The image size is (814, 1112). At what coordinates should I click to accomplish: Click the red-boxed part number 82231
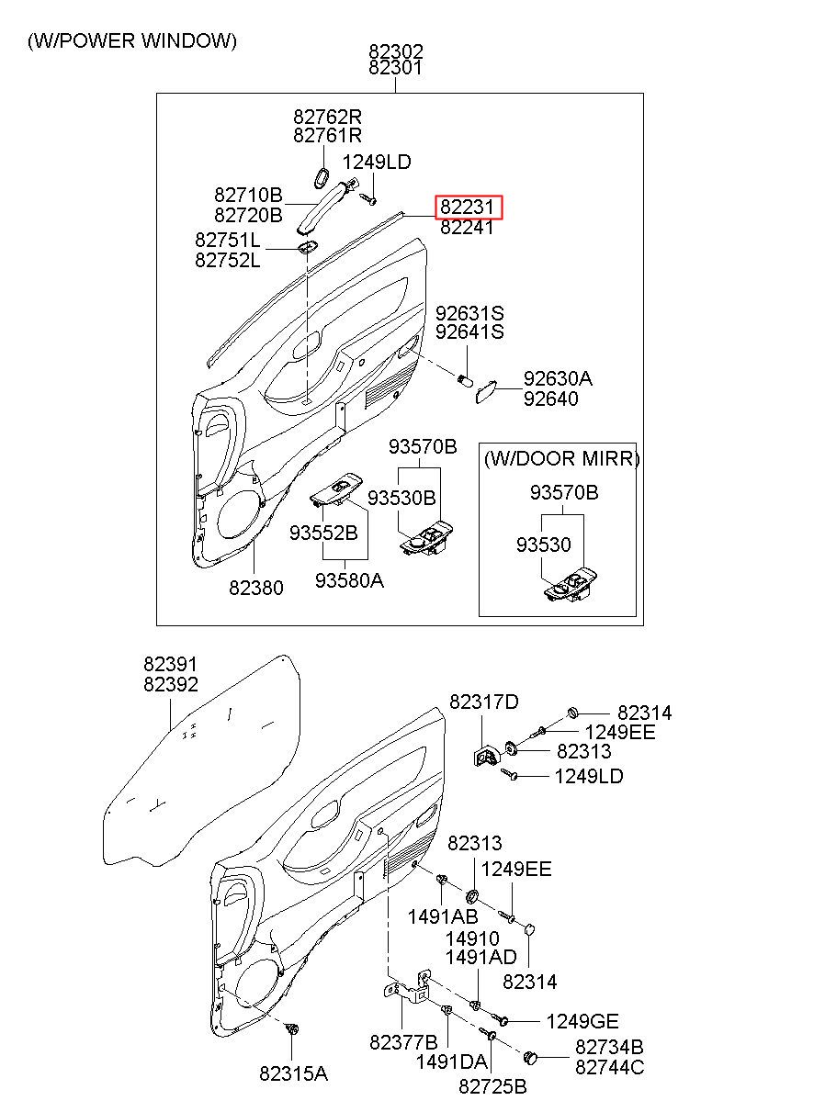[x=467, y=207]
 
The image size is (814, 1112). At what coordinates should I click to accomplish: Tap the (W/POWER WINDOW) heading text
[x=132, y=40]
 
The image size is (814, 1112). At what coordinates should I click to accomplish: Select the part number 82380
[x=255, y=588]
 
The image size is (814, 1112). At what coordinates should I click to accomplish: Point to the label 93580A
[x=349, y=579]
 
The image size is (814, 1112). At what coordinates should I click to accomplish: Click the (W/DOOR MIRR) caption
[x=561, y=458]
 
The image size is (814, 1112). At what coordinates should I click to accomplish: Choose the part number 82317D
[x=484, y=702]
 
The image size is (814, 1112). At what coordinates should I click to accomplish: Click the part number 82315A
[x=293, y=1073]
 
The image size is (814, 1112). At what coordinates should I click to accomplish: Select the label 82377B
[x=403, y=1042]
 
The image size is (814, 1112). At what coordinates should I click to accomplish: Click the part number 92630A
[x=558, y=378]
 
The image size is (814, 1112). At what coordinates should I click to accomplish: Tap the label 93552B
[x=323, y=533]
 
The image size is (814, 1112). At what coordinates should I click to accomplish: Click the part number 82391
[x=170, y=664]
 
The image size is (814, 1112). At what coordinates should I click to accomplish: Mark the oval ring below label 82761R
[x=322, y=179]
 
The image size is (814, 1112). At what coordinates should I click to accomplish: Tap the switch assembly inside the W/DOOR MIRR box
[x=571, y=587]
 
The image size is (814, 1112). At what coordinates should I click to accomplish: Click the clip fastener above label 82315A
[x=292, y=1028]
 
